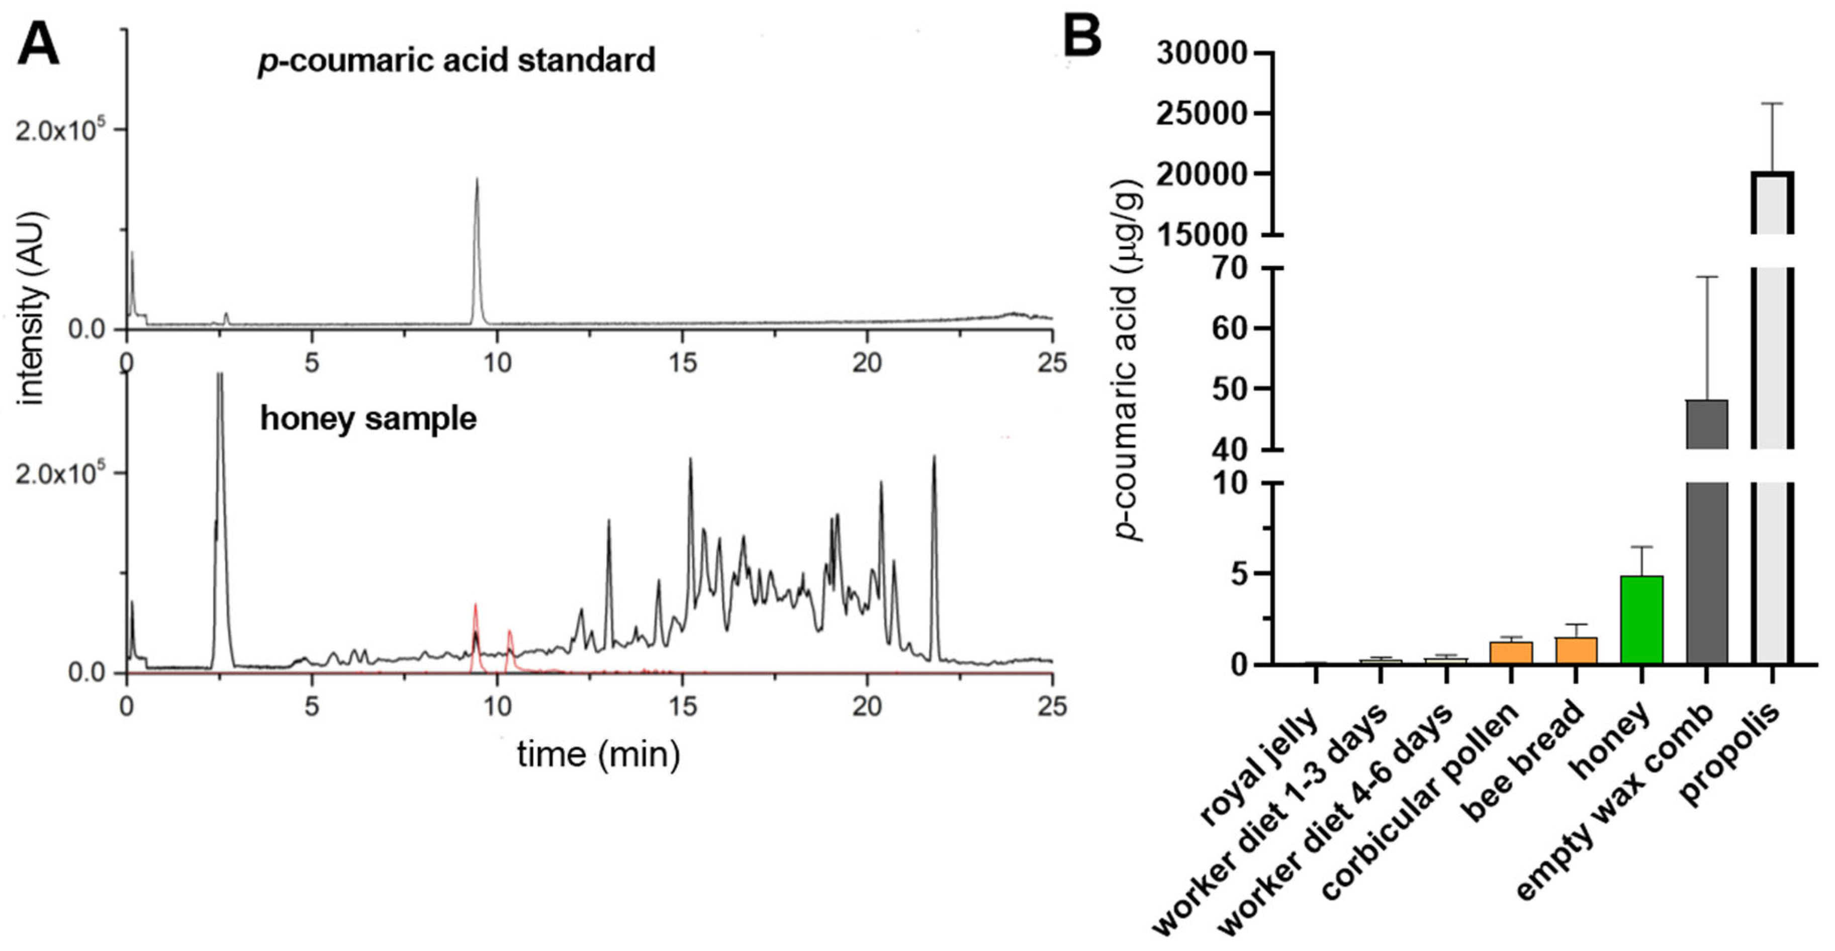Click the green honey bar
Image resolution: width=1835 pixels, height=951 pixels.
tap(1641, 620)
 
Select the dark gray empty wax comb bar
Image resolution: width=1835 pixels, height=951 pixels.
tap(1707, 570)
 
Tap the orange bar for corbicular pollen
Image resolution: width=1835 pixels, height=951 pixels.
tap(1510, 652)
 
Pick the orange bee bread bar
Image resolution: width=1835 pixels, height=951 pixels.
tap(1576, 650)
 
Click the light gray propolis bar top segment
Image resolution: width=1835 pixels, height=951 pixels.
tap(1772, 203)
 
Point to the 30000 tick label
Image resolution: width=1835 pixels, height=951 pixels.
tap(1201, 53)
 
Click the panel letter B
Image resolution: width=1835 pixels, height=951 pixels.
tap(1081, 37)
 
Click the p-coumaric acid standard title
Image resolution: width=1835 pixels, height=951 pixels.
tap(456, 60)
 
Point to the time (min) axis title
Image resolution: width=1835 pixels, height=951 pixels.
tap(598, 754)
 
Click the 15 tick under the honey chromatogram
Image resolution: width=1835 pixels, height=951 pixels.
tap(682, 706)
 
